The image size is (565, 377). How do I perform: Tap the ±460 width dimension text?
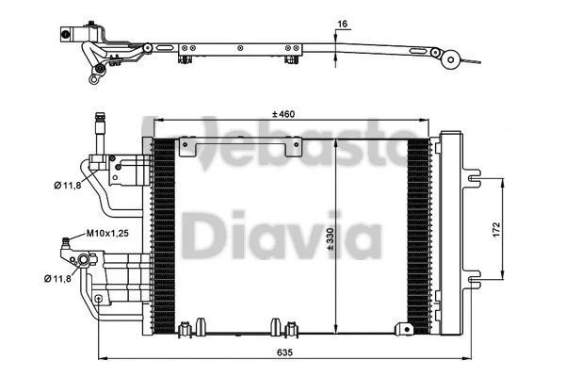tap(283, 114)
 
